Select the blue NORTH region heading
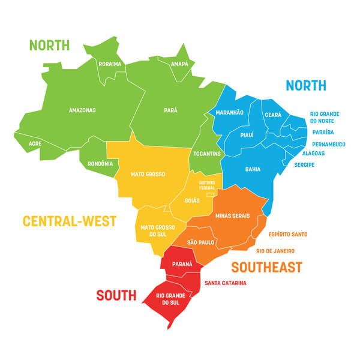306,85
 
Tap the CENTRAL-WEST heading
70,221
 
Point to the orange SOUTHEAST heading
266,267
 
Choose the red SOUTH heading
116,295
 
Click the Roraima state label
110,64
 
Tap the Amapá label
179,64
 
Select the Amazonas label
82,110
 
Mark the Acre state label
35,144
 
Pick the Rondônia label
100,163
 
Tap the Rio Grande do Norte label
325,117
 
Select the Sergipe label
304,164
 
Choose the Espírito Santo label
288,234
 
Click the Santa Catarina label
225,283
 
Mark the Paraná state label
182,263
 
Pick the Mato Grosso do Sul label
158,230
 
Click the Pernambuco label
329,144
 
